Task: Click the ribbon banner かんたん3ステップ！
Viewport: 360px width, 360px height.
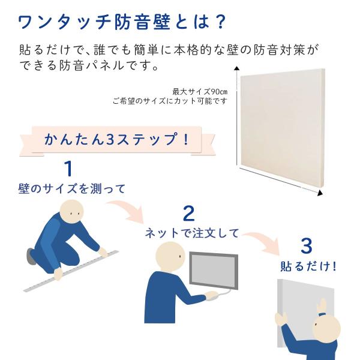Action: click(x=116, y=140)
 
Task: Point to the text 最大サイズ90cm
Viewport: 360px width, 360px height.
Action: click(x=200, y=92)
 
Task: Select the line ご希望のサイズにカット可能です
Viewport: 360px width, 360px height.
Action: click(x=170, y=101)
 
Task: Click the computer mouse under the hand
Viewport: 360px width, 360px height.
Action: click(x=213, y=295)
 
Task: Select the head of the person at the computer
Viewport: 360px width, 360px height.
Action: click(x=171, y=255)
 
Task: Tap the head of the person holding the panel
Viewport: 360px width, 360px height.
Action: click(x=327, y=328)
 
